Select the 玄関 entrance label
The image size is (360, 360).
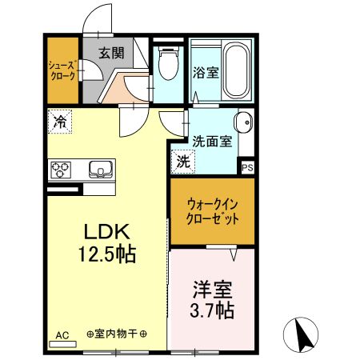110,54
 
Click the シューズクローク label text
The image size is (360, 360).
62,70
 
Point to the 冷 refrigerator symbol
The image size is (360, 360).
60,122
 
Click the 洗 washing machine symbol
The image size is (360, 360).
183,160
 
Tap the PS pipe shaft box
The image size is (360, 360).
247,168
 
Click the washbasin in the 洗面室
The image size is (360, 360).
242,123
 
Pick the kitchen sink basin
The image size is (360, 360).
100,169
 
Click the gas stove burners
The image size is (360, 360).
62,170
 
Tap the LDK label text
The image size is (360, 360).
107,232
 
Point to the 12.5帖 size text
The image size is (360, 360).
107,255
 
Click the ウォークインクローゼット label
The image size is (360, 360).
212,210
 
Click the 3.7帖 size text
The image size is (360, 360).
212,310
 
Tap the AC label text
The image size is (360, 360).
63,335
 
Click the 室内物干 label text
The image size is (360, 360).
117,335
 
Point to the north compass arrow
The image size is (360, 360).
304,335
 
